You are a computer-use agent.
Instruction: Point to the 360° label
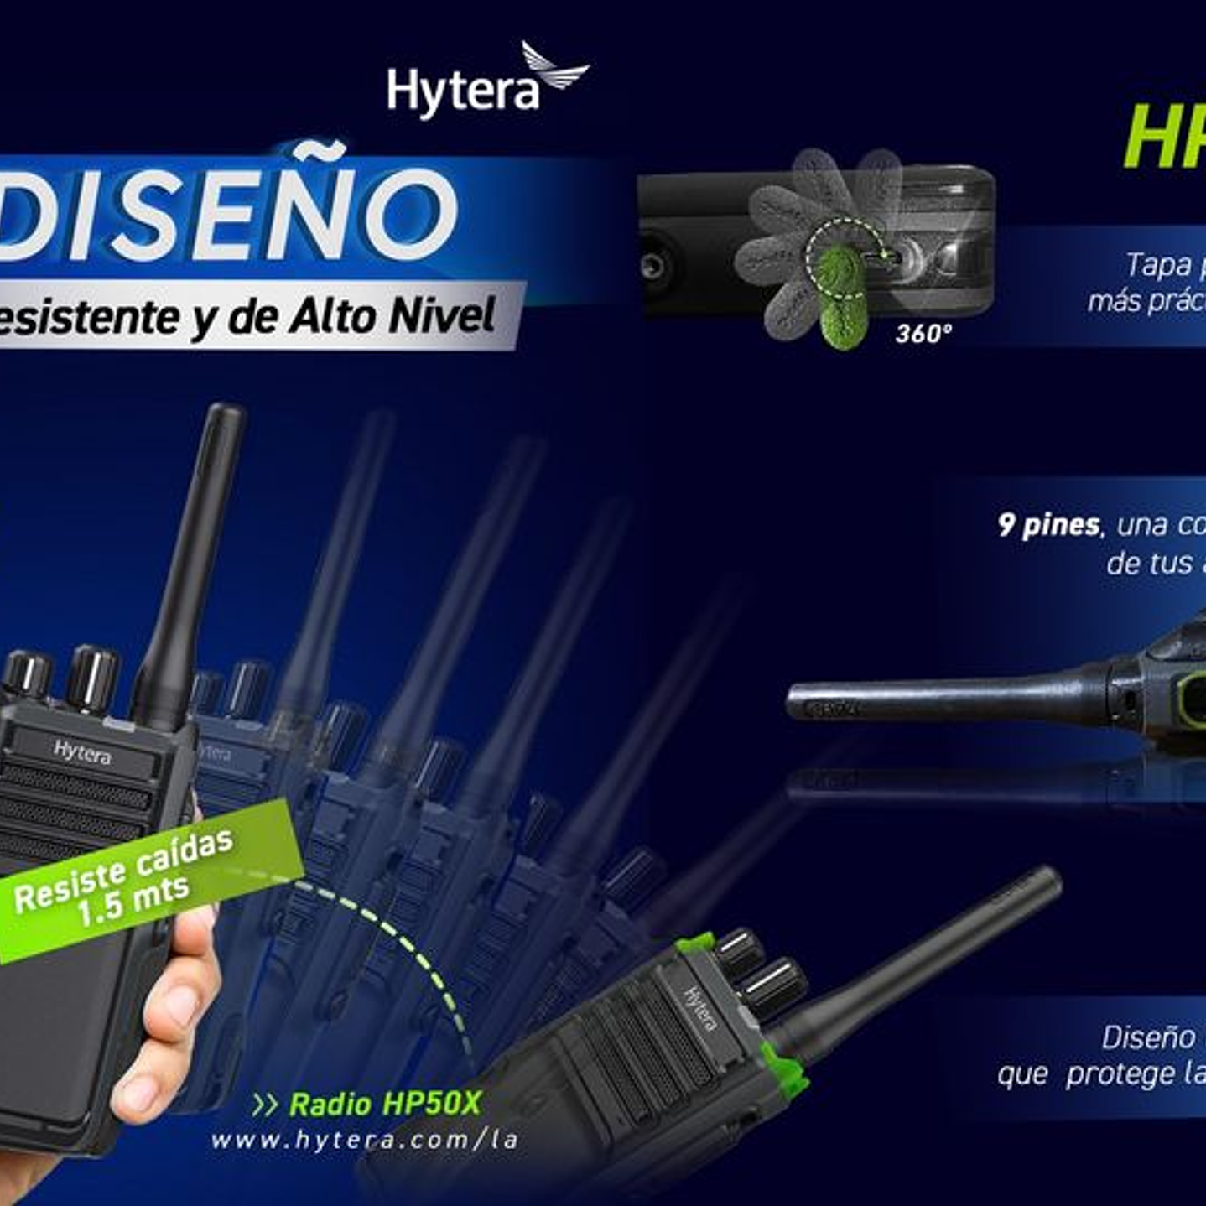[923, 334]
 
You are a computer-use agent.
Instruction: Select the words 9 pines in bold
[1048, 525]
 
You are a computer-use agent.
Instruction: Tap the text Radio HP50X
[385, 1104]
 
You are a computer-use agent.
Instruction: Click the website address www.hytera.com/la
[364, 1141]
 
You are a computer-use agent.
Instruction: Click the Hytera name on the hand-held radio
[81, 751]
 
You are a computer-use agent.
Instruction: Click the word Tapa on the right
[1158, 265]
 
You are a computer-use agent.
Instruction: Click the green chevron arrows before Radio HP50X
[265, 1105]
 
